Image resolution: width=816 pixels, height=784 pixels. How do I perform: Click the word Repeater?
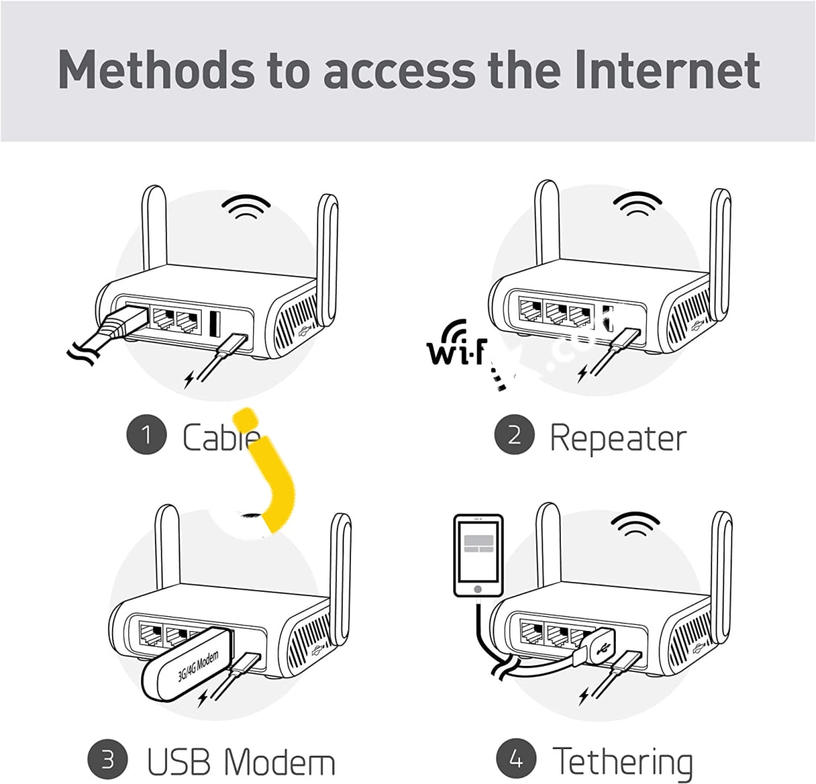(617, 438)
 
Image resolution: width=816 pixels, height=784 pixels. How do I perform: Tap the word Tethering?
(623, 762)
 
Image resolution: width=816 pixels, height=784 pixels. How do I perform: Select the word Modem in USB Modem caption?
(280, 762)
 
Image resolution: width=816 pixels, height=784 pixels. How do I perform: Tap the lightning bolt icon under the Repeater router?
(585, 372)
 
